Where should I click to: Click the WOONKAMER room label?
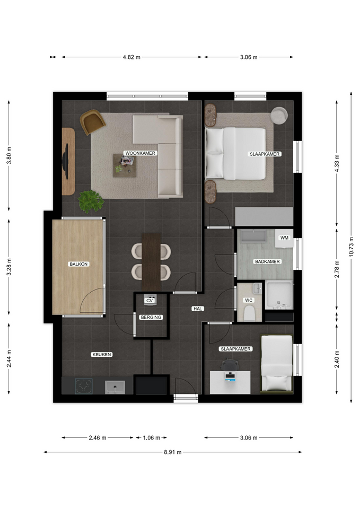click(140, 153)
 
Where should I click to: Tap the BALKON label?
click(78, 264)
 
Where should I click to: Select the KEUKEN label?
click(102, 355)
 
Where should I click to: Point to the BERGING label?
click(151, 317)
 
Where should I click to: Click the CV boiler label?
click(150, 301)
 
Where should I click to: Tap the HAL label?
click(198, 309)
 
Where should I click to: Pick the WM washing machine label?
click(284, 238)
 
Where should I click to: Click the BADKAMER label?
click(267, 261)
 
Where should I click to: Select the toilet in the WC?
click(250, 313)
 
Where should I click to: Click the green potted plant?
click(91, 201)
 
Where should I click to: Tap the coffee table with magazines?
click(125, 165)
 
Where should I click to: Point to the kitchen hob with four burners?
click(84, 387)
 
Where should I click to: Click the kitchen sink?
click(115, 387)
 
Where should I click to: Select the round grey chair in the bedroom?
click(279, 115)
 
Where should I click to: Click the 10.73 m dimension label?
click(351, 247)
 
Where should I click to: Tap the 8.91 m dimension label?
click(173, 452)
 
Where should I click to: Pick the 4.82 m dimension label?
click(131, 57)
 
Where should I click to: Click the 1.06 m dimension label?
click(152, 437)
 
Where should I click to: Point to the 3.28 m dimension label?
click(9, 267)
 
